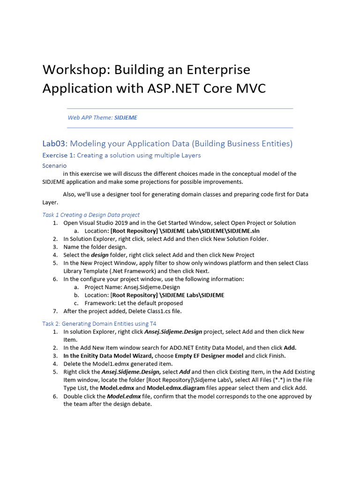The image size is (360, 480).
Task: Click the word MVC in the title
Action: (x=249, y=88)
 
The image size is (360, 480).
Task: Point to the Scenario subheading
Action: (x=54, y=165)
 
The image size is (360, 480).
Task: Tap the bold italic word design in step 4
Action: (x=99, y=255)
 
